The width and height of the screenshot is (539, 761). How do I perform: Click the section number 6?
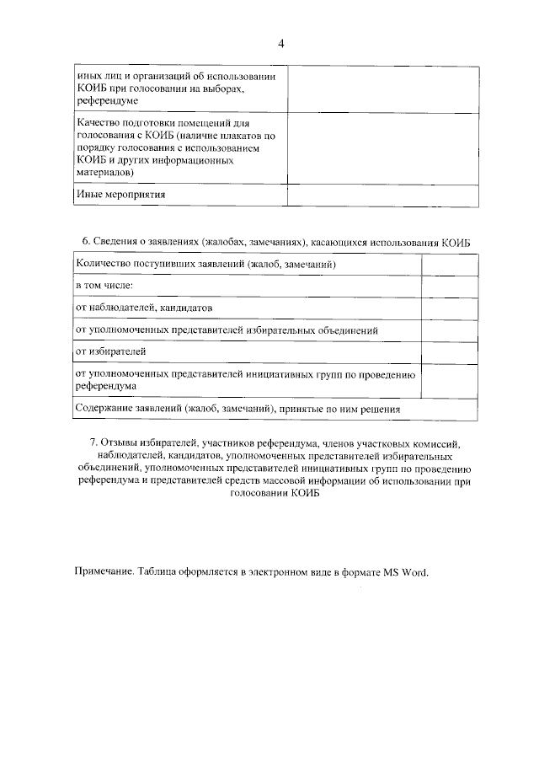[85, 242]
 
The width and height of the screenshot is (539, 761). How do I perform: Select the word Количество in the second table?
[105, 265]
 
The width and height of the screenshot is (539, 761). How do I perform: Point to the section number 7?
[93, 442]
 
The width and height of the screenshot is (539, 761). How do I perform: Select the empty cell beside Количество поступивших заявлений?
[438, 265]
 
